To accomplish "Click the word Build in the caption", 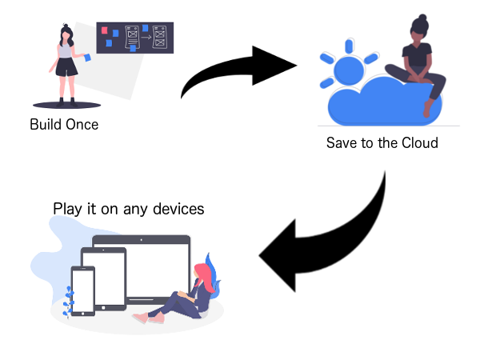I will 46,125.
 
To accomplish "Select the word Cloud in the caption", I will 419,144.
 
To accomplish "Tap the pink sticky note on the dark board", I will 103,31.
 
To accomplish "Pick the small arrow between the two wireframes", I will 146,36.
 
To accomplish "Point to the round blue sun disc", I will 349,73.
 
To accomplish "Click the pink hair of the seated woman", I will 203,275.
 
